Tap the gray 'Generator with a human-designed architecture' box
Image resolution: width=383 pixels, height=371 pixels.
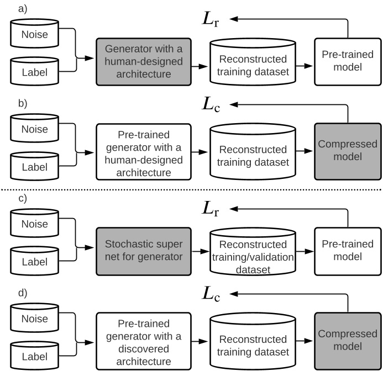coord(144,61)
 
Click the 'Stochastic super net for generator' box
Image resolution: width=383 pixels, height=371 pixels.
coord(144,250)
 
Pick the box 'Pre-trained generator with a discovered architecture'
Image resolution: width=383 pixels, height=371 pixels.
coord(144,340)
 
